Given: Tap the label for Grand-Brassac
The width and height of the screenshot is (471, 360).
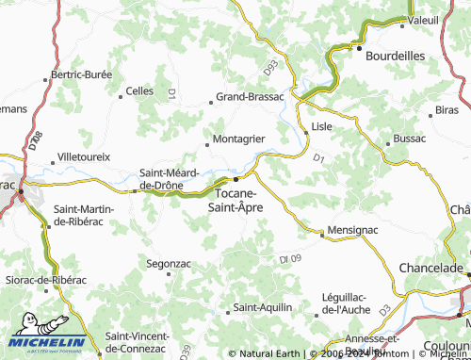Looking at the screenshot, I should [251, 96].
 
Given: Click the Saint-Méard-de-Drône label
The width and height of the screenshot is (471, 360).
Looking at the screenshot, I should [169, 178].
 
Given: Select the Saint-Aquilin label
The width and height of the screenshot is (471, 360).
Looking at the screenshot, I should [263, 307].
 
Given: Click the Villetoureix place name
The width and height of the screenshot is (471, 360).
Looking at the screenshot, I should [85, 155].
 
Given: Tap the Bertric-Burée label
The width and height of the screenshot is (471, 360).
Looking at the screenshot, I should [81, 74].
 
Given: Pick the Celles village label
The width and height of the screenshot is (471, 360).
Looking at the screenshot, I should [139, 91].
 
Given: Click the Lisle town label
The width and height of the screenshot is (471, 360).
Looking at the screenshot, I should [323, 125].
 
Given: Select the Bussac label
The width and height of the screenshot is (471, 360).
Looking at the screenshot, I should [410, 139].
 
